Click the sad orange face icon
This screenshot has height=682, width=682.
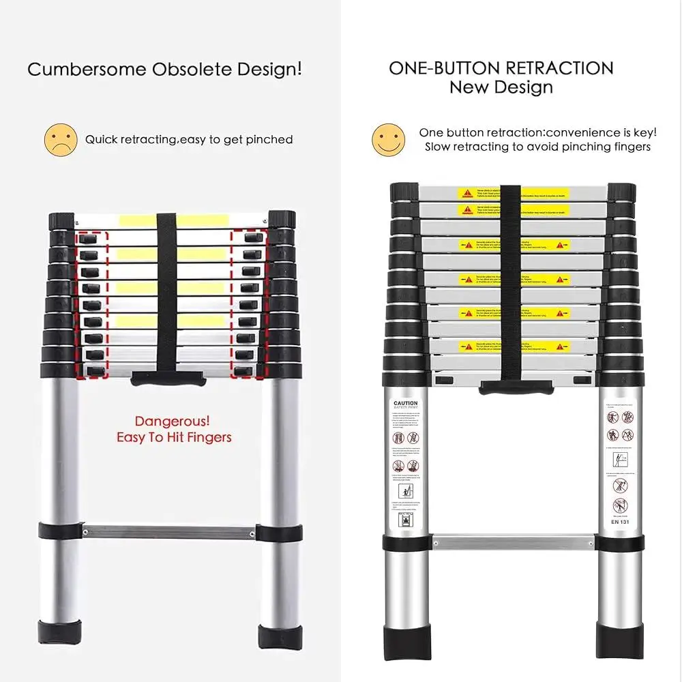(x=60, y=139)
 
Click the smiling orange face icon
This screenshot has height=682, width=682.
(x=388, y=139)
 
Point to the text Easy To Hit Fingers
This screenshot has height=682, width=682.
(x=174, y=437)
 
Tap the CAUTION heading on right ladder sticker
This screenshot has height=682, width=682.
(x=405, y=403)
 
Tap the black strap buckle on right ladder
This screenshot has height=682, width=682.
(x=516, y=388)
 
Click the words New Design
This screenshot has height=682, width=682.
(x=501, y=87)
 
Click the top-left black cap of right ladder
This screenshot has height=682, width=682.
(x=404, y=192)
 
